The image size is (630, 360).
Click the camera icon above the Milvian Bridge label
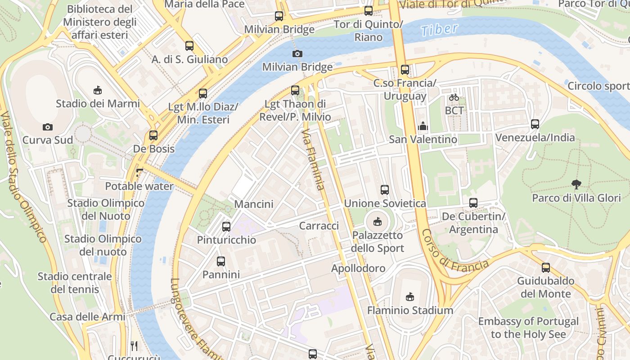click(297, 54)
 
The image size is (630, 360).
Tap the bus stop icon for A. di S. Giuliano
click(189, 46)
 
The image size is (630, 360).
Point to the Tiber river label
click(439, 30)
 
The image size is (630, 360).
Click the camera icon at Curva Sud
click(48, 127)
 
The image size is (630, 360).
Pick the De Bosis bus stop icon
click(153, 135)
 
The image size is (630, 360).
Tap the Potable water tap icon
click(139, 172)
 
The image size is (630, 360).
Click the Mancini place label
click(254, 204)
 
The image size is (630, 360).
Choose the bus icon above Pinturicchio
click(226, 227)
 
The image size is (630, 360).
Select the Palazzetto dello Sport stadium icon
click(378, 222)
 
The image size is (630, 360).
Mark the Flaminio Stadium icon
click(409, 297)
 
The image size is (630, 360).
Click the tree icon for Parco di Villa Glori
click(576, 184)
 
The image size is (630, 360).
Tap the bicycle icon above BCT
click(454, 97)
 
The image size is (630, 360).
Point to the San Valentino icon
click(423, 126)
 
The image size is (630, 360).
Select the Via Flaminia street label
click(313, 159)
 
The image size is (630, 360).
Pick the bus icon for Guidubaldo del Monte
click(546, 268)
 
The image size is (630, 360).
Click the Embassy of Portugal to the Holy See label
click(528, 328)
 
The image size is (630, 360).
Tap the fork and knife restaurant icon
click(134, 346)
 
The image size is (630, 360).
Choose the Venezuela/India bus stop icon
click(535, 124)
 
